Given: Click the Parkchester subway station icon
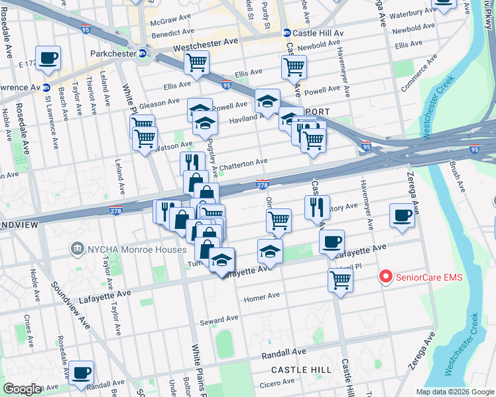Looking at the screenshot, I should tap(143, 54).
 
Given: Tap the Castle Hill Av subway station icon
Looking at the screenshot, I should tap(287, 32).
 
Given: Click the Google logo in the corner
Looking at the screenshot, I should tap(22, 389).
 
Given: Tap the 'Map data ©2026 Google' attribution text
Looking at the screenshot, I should tap(455, 392).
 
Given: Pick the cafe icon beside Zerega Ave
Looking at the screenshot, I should tap(402, 216).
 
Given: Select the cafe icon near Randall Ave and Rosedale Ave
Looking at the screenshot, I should tap(82, 373).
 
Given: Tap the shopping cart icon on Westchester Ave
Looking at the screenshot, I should tap(196, 63).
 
